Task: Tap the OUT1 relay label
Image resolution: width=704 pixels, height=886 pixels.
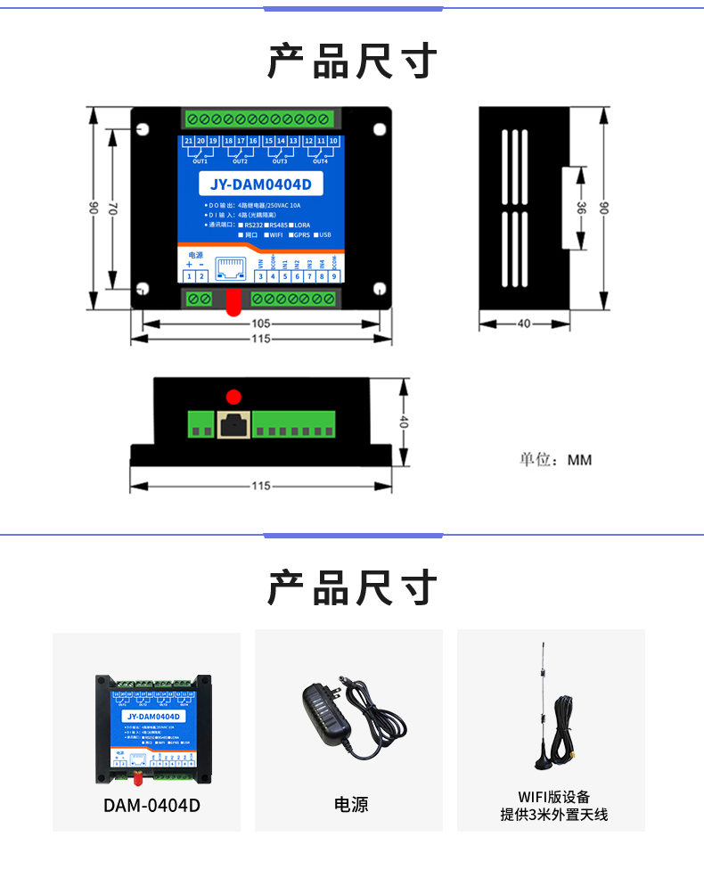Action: [201, 161]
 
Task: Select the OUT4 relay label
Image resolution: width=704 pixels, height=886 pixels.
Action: [320, 161]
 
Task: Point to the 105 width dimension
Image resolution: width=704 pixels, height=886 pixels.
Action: [260, 324]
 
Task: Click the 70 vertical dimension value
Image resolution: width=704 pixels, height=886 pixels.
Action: [112, 208]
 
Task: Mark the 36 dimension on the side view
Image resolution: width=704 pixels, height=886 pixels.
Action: [581, 208]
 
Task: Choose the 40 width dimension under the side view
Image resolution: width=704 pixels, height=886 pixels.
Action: [524, 324]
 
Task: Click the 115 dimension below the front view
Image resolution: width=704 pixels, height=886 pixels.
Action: [260, 486]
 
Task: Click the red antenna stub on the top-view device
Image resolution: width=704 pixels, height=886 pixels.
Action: [233, 302]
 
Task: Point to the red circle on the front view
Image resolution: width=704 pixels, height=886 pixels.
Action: [234, 397]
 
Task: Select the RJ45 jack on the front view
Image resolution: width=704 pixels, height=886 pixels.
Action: [233, 424]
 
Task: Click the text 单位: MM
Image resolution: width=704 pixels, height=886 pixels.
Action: [555, 460]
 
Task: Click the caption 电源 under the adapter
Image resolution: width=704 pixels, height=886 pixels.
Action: [350, 805]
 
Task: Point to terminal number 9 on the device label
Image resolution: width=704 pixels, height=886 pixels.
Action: [333, 276]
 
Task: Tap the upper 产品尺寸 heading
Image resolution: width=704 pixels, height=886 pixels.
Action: [352, 61]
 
